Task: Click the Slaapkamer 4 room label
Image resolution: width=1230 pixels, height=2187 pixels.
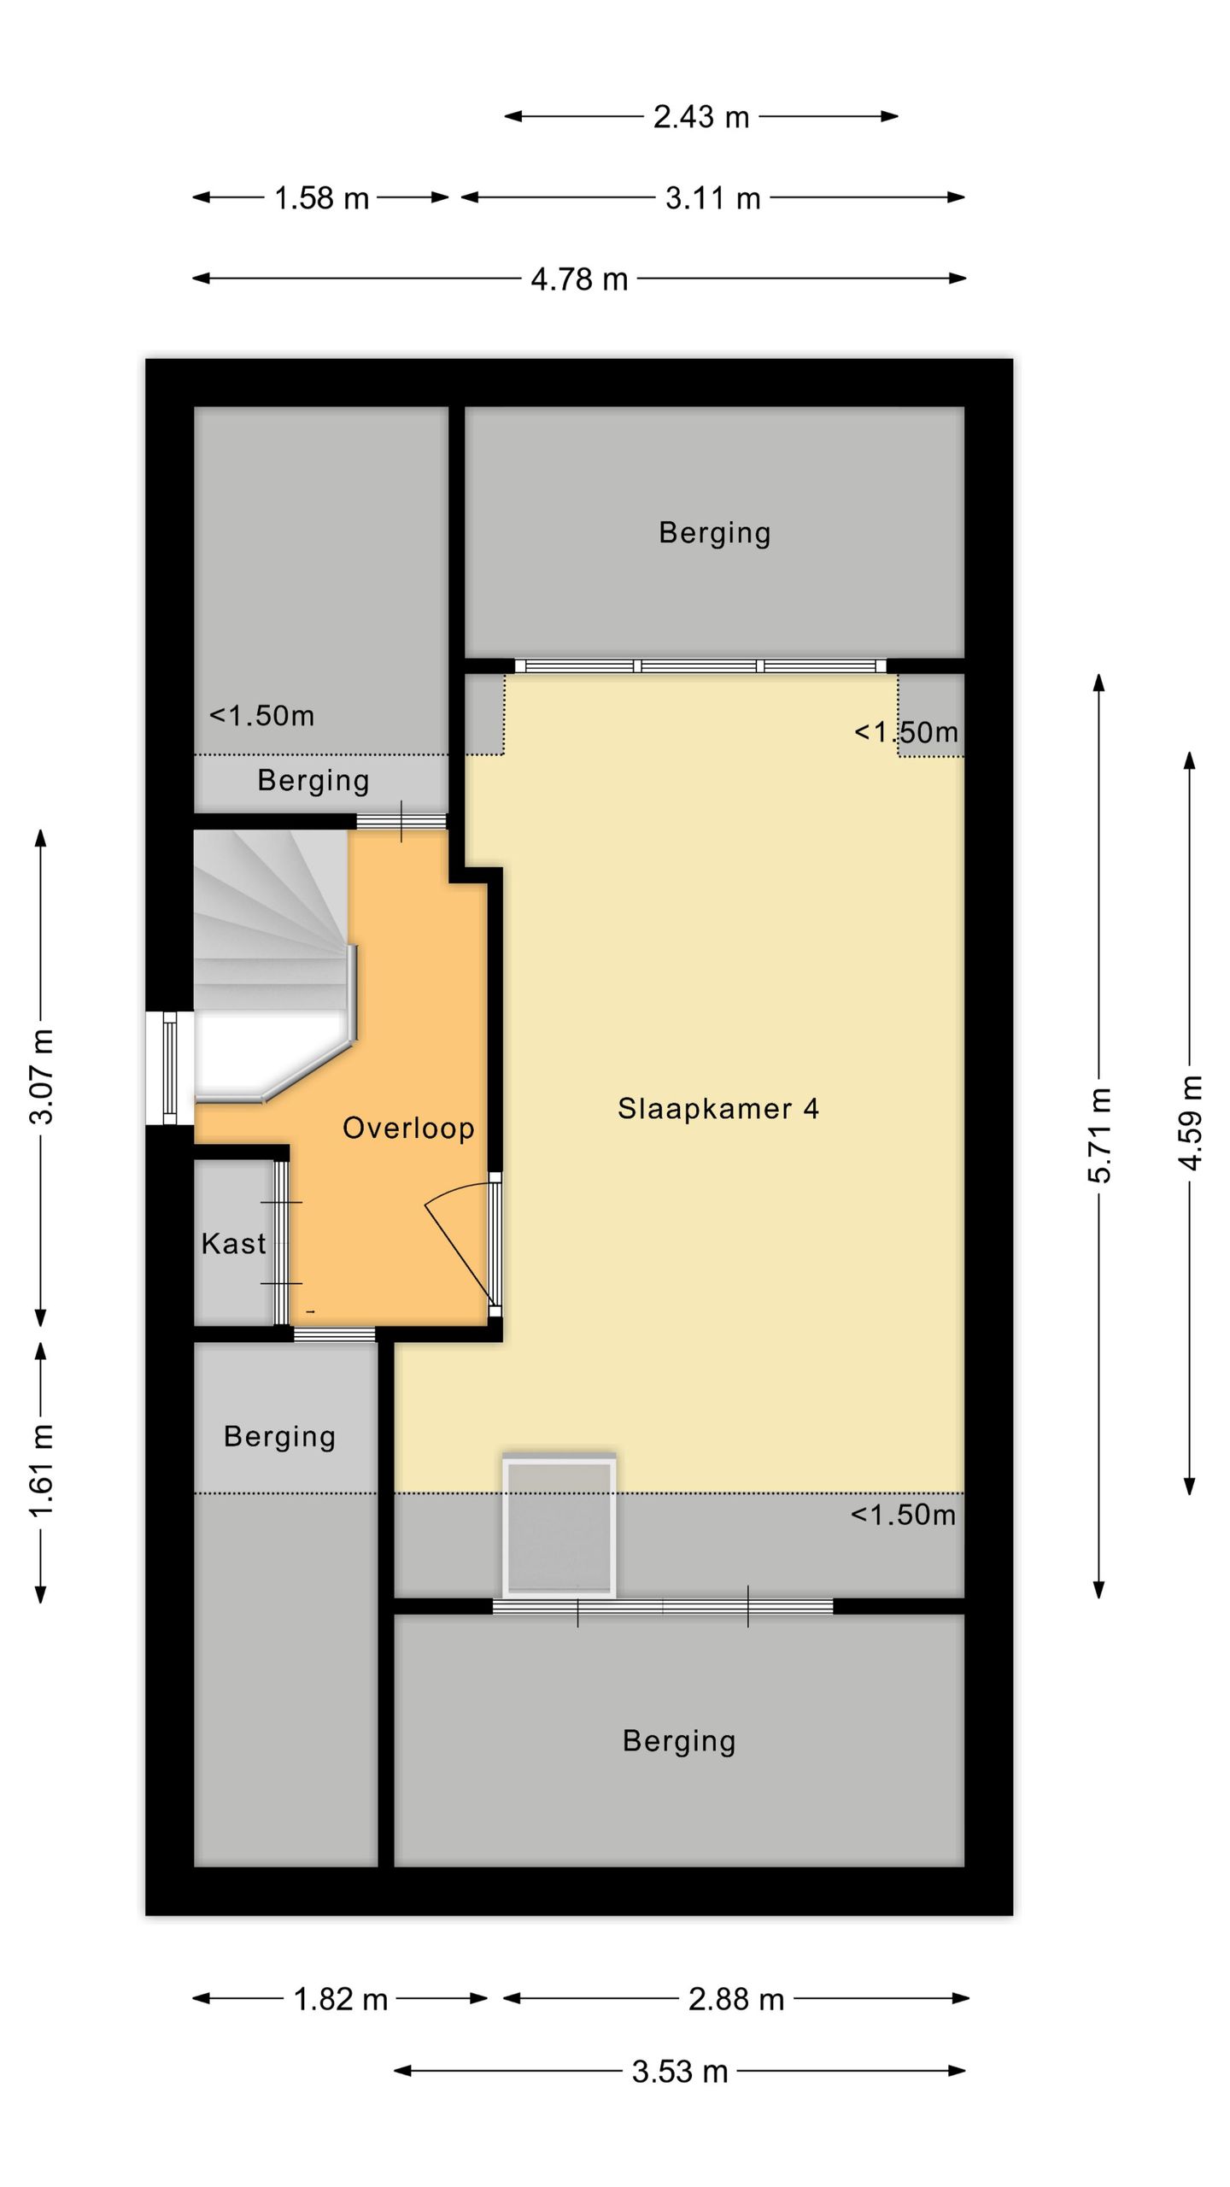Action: coord(717,1109)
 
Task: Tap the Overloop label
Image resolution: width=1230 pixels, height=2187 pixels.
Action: coord(408,1129)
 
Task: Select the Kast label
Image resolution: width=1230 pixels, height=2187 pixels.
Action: coord(233,1243)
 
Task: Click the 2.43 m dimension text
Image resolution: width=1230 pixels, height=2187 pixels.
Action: coord(700,117)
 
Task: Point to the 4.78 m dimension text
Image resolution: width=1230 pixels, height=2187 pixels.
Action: coord(579,279)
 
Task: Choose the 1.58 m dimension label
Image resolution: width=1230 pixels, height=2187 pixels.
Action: coord(321,198)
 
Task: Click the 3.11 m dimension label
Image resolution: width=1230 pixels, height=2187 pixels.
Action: coord(712,198)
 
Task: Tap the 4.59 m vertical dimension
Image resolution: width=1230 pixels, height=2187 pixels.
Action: coord(1191,1123)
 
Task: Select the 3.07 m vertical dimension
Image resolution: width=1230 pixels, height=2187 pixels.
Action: coord(42,1076)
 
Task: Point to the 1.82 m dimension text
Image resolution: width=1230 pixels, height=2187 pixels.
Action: coord(340,1999)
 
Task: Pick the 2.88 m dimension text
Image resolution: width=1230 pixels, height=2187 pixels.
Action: coord(735,1999)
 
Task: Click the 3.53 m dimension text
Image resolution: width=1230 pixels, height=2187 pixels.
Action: coord(679,2072)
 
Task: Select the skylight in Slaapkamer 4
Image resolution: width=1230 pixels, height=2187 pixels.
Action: coord(559,1526)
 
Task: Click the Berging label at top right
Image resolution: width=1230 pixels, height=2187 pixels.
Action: coord(714,533)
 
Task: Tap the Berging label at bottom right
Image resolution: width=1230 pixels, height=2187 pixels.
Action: coord(678,1740)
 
